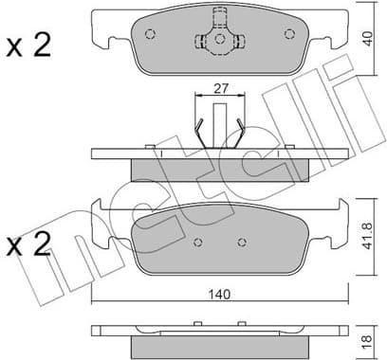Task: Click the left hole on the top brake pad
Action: pos(150,34)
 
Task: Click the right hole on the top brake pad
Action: pos(289,34)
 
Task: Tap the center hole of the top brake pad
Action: pos(219,40)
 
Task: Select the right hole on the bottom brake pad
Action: pos(243,243)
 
